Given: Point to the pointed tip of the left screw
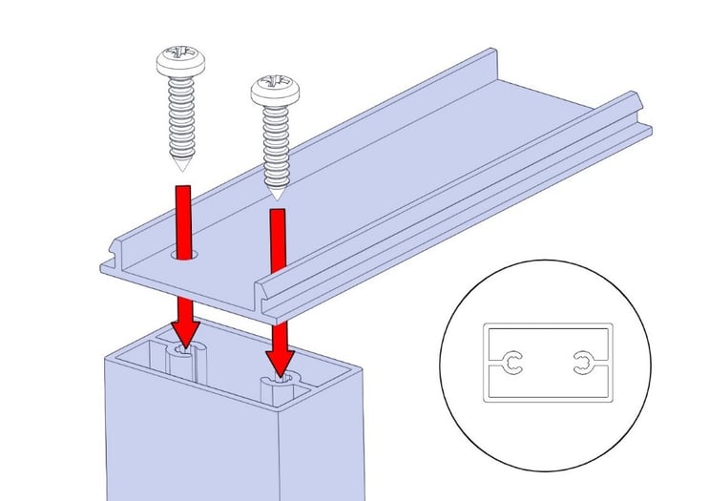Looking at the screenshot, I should [x=179, y=167].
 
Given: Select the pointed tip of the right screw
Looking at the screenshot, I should [x=277, y=197].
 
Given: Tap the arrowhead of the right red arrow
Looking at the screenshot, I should [x=280, y=362].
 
